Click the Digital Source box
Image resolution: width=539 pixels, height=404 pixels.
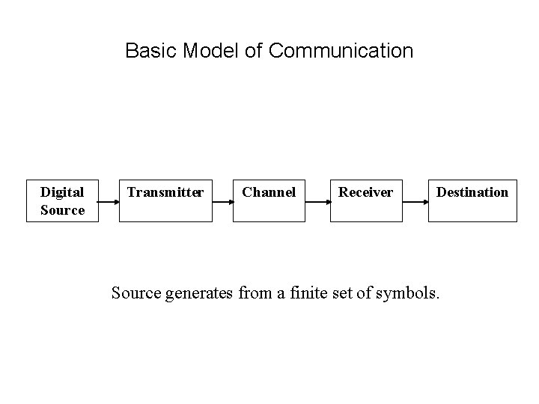click(62, 201)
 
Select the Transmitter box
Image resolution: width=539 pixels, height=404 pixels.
click(165, 201)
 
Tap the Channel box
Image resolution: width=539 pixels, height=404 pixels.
click(269, 201)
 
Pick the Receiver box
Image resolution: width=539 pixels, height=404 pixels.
click(365, 201)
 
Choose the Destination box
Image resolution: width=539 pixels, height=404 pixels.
click(472, 201)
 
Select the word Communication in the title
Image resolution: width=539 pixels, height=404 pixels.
click(341, 51)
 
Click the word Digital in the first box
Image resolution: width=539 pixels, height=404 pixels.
click(62, 192)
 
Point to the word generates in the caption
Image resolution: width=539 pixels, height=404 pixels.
click(198, 293)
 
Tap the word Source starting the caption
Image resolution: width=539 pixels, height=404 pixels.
click(134, 293)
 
